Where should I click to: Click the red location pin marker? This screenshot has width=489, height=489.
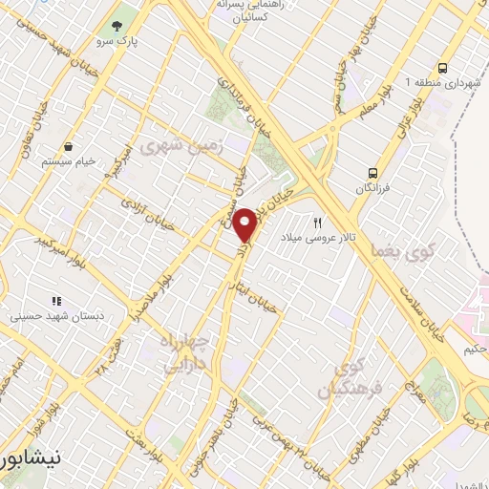tap(245, 225)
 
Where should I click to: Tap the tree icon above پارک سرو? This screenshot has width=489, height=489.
tap(117, 26)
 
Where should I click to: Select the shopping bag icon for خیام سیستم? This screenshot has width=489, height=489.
tap(70, 146)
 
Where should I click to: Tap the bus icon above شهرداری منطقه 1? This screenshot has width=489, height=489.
tap(441, 68)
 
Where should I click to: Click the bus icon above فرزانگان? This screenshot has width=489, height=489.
tap(373, 174)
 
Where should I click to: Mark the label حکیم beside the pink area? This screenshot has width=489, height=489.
tap(474, 350)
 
